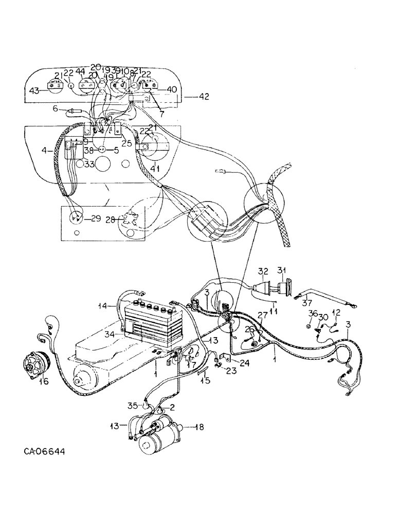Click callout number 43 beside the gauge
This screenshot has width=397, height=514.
click(34, 91)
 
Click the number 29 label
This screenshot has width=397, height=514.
click(96, 218)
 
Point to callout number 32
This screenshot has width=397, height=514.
click(263, 271)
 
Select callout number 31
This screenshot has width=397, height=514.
click(282, 271)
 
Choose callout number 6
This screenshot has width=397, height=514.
click(55, 108)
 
